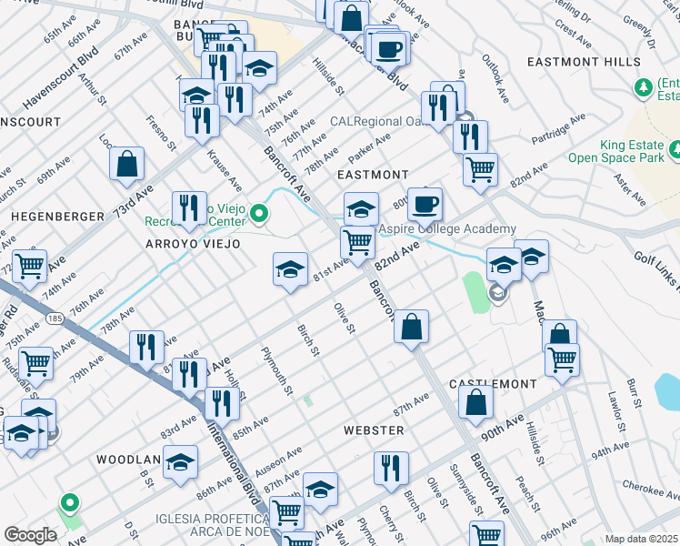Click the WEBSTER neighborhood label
[x=373, y=430]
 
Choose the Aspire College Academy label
[x=447, y=229]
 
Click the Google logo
[x=30, y=535]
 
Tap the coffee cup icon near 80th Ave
[x=425, y=204]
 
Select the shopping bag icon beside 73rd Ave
[x=127, y=165]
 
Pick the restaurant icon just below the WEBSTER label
[x=391, y=468]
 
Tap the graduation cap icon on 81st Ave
[x=290, y=269]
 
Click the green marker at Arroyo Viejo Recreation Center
[x=259, y=215]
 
